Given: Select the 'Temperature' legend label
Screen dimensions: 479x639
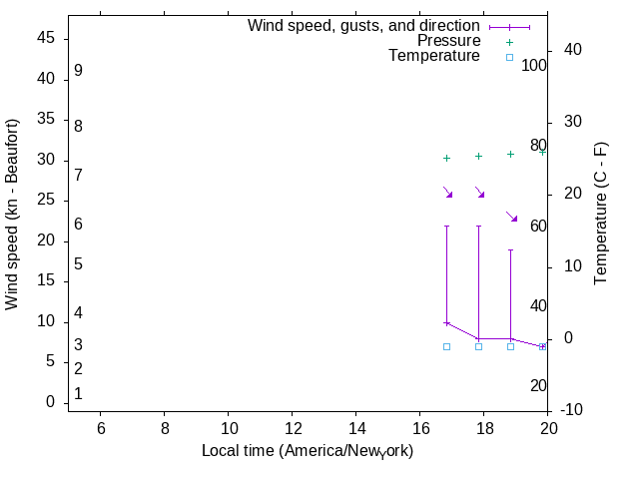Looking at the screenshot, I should (x=434, y=57).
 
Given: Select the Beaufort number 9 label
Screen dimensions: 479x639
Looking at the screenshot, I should (x=78, y=72).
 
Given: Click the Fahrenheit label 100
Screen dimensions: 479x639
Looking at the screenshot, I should (x=534, y=66).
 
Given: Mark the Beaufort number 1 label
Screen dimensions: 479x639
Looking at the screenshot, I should (x=78, y=394).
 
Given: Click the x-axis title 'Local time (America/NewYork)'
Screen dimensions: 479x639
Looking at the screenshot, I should (x=308, y=451).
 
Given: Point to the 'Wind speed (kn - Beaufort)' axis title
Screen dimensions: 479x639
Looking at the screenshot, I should (x=12, y=215).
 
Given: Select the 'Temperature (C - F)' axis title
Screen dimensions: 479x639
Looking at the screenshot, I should (x=601, y=212).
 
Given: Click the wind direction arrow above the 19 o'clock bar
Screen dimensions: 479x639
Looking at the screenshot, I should (x=512, y=217).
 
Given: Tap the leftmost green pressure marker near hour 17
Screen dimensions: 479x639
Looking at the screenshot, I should (x=446, y=158).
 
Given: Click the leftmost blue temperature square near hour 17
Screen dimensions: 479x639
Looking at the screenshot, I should (x=446, y=346).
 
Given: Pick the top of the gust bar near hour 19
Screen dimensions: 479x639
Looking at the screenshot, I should (x=510, y=250).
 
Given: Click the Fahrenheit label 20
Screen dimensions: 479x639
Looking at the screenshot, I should (x=538, y=386).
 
